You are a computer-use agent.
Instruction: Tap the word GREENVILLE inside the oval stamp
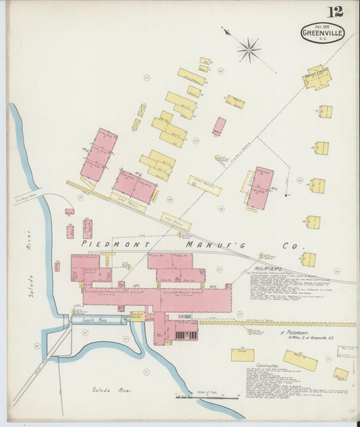(322, 32)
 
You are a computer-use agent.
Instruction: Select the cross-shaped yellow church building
(316, 76)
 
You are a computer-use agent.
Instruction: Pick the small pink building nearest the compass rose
(220, 126)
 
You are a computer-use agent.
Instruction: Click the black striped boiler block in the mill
(184, 333)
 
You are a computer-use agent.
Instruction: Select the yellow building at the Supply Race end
(137, 316)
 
